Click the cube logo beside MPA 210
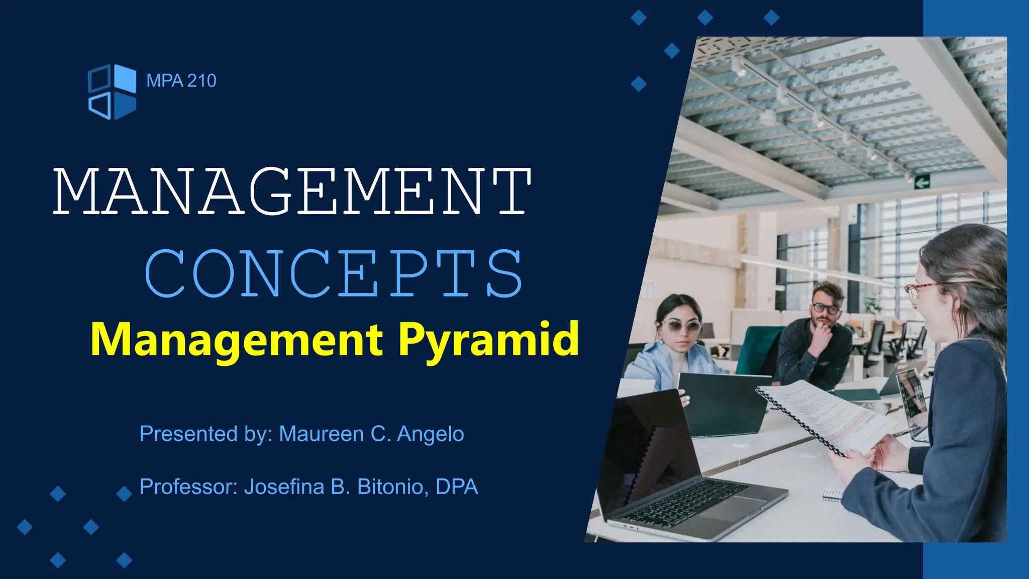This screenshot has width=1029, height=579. tap(112, 91)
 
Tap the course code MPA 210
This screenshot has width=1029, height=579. tap(181, 81)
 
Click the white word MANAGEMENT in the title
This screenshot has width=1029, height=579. tap(292, 191)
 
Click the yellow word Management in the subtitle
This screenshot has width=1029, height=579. tap(237, 340)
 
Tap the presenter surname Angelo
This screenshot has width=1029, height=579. tap(431, 434)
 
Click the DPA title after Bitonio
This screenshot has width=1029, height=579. tap(457, 487)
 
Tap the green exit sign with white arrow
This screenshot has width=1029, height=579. tap(922, 182)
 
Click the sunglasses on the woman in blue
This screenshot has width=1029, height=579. tap(681, 326)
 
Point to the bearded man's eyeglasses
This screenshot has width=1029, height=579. tap(825, 309)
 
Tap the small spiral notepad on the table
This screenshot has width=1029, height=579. tap(833, 496)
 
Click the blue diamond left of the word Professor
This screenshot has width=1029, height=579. tap(124, 494)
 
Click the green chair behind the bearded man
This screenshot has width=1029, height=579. tap(759, 347)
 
